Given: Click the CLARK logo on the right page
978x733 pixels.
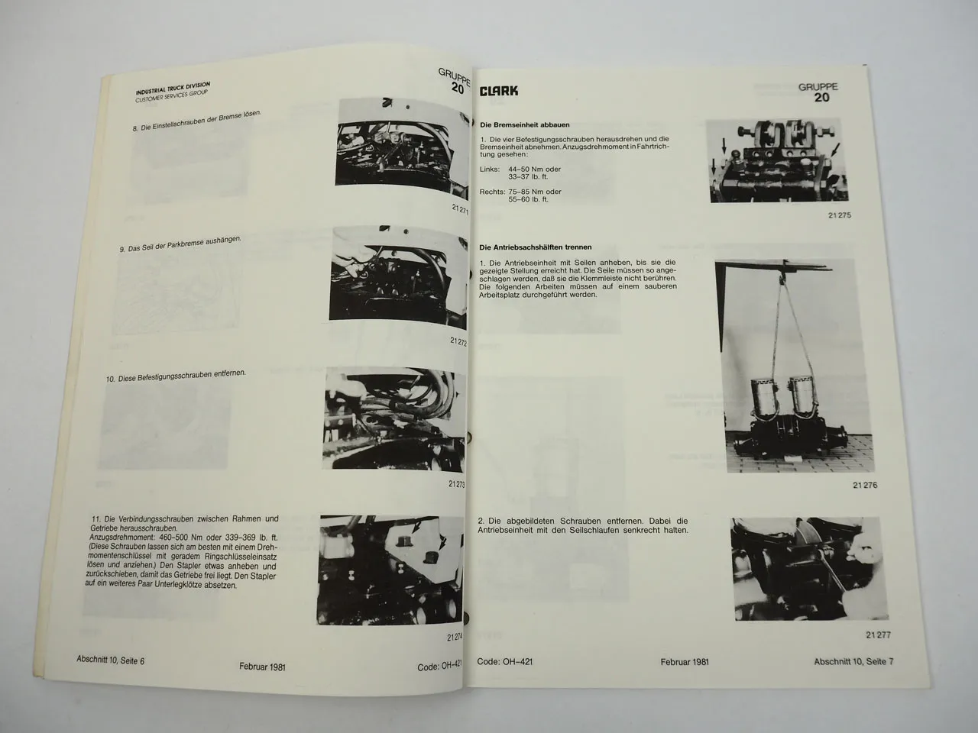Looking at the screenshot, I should point(498,92).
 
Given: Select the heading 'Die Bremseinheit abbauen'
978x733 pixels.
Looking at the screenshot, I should point(524,124).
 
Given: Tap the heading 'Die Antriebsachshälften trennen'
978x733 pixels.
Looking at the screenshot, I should point(536,247).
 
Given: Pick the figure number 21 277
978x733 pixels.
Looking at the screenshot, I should point(879,635).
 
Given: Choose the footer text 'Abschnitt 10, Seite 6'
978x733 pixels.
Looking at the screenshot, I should point(111,660).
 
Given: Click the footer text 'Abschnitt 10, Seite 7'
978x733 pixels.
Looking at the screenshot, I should point(853,661).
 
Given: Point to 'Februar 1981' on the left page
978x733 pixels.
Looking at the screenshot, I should point(262,667).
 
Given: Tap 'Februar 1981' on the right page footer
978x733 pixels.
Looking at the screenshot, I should point(684,661).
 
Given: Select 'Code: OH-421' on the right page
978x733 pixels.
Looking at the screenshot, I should point(504,661).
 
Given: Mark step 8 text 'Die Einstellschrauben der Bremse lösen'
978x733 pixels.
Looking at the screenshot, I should point(196,121).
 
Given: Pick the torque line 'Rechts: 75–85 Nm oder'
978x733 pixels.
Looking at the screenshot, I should point(520,192).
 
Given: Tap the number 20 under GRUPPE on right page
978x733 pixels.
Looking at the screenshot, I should point(821,98).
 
